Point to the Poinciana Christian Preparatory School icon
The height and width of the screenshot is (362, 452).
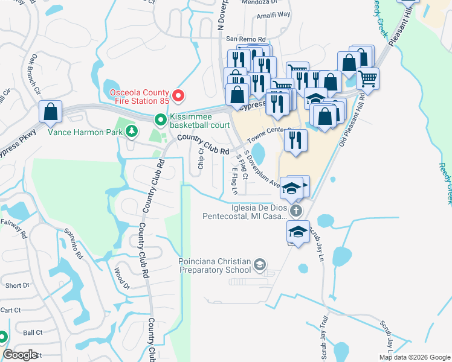tap(259, 264)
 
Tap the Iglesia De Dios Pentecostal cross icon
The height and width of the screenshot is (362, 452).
tap(295, 211)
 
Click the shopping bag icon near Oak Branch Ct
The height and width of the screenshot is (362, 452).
tap(51, 112)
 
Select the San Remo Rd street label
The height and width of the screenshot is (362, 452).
tap(246, 39)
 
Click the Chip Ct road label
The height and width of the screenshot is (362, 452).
tap(201, 159)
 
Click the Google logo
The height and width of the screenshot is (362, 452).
tap(21, 354)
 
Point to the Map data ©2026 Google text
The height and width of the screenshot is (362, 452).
tap(415, 357)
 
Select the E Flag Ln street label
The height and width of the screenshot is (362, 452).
tap(234, 182)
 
